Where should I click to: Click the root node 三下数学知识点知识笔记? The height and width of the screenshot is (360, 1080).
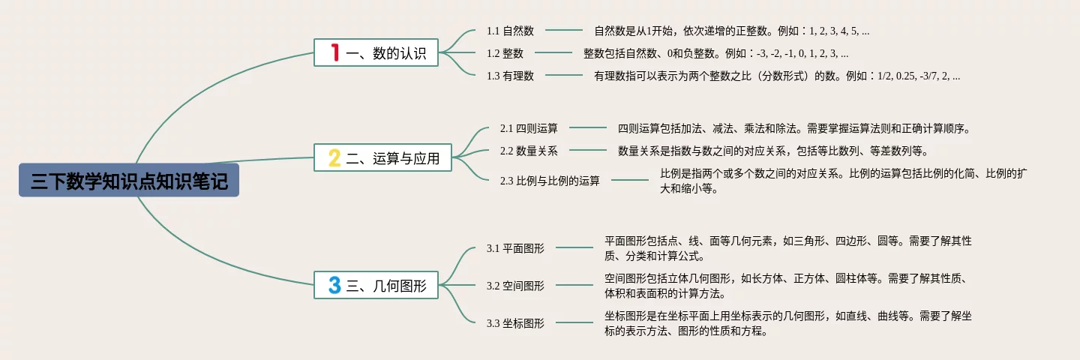tap(129, 181)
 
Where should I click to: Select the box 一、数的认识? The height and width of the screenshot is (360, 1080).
tap(376, 52)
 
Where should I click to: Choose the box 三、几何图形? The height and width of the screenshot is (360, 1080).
tap(376, 285)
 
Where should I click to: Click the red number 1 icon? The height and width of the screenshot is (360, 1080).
tap(335, 52)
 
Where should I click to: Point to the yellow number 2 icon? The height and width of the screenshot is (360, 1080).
tap(334, 158)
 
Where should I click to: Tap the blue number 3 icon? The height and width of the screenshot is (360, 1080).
tap(334, 285)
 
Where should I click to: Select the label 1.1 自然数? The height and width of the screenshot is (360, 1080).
tap(510, 31)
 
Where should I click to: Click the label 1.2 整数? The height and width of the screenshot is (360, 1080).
tap(505, 53)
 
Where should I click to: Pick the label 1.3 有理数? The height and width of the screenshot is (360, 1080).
tap(510, 76)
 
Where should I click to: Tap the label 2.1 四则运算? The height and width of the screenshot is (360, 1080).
tap(529, 129)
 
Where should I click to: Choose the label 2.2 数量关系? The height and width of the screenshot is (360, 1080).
tap(529, 151)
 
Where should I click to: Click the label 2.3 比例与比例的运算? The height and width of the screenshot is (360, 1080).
tap(550, 181)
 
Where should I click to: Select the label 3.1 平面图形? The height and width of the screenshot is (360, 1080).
tap(515, 248)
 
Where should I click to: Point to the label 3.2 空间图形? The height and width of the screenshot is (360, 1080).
tap(515, 286)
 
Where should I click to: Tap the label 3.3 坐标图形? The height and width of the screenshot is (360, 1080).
tap(515, 323)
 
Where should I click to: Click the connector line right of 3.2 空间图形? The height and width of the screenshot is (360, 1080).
tap(574, 285)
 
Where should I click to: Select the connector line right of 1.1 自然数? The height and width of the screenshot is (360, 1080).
tap(564, 31)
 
